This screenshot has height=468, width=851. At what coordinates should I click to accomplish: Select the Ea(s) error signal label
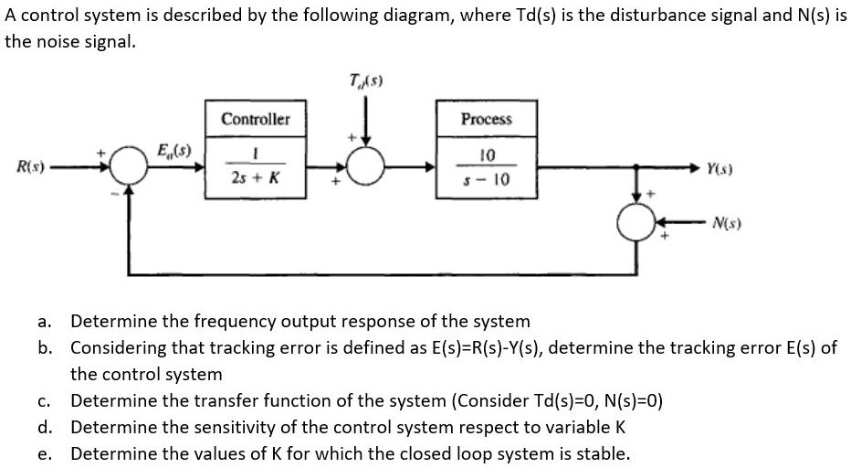point(172,150)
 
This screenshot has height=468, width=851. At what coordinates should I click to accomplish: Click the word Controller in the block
point(255,119)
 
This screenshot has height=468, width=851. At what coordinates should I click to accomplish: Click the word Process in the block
point(486,119)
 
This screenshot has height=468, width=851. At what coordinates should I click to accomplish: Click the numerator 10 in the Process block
point(487,154)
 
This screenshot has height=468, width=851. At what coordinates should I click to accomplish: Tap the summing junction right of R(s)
point(127,167)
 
